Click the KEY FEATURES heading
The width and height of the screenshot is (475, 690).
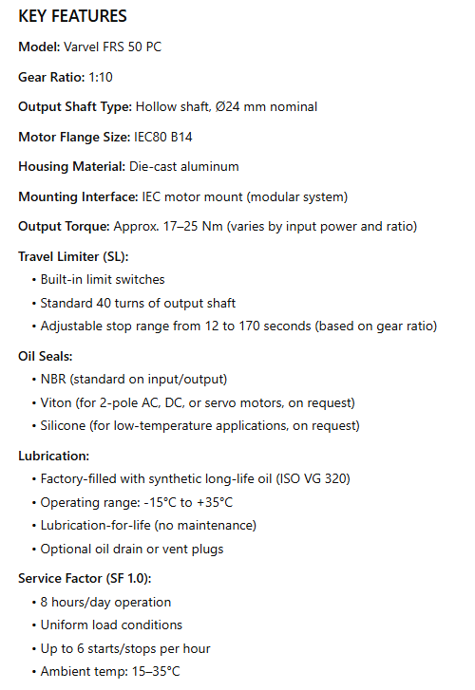[x=73, y=17]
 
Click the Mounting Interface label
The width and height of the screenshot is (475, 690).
[x=78, y=196]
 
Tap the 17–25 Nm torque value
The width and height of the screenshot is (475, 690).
[x=193, y=227]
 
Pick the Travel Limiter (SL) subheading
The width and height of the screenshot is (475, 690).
[x=73, y=257]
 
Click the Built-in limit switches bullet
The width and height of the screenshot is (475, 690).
[x=103, y=280]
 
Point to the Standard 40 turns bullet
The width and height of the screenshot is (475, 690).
[x=138, y=303]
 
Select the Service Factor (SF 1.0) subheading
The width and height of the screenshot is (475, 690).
[x=85, y=578]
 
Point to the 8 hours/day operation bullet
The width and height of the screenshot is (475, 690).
[x=105, y=602]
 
